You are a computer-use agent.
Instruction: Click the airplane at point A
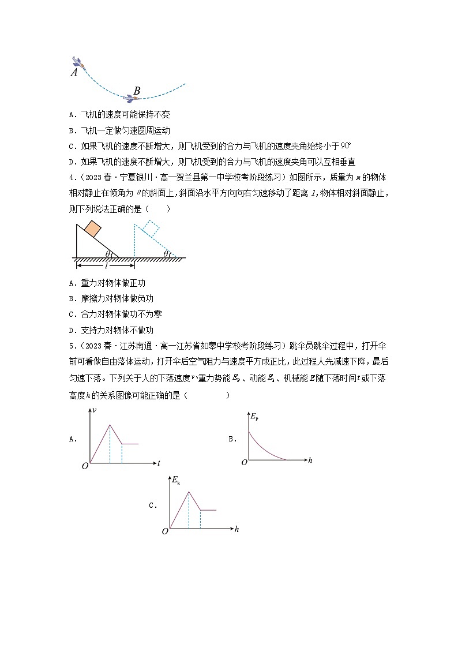click(78, 63)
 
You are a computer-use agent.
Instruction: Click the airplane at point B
click(134, 98)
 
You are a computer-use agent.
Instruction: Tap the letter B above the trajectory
click(137, 91)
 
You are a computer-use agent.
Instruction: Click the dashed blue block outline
click(151, 227)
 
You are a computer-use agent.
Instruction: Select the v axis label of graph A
click(94, 410)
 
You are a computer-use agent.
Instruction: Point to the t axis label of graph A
click(157, 463)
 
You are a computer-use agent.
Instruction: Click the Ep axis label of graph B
click(254, 415)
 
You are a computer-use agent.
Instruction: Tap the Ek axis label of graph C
click(176, 480)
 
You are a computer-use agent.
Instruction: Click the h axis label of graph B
click(310, 460)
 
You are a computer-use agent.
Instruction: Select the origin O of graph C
click(165, 531)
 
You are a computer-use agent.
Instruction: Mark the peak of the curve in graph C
click(189, 492)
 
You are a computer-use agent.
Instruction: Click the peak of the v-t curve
click(110, 425)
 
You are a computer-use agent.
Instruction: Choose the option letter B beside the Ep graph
click(231, 439)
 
